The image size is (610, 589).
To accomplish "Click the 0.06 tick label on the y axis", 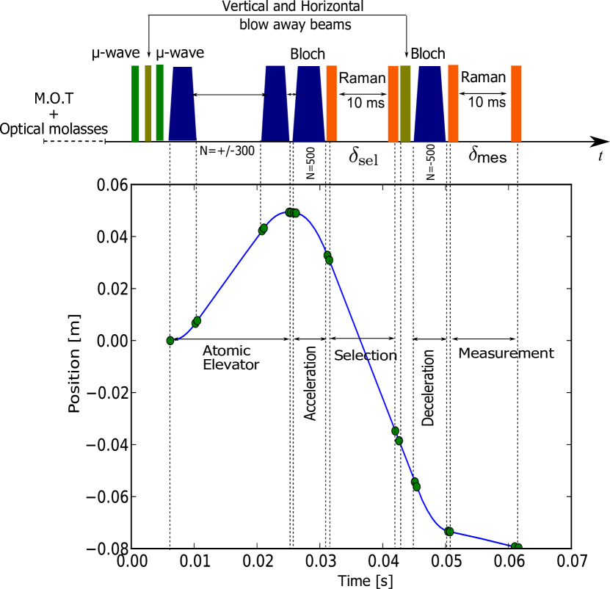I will point(112,185).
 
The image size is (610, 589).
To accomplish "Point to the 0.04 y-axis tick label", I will point(112,237).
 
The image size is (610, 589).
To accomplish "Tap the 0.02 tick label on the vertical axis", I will point(112,289).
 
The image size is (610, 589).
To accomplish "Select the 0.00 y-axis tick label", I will point(112,341).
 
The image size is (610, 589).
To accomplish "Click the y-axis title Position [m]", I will point(75,364).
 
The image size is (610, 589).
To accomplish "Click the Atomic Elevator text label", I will point(230,358).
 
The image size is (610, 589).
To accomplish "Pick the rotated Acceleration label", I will point(311,383).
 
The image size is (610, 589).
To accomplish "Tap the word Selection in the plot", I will point(366,356).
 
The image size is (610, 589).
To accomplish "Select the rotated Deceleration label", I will point(429,388).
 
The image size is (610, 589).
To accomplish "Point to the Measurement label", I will point(506,353).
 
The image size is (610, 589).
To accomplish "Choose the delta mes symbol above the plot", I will point(487,157).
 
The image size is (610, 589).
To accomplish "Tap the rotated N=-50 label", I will point(431,165).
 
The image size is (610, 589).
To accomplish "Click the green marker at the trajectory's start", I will point(170,341).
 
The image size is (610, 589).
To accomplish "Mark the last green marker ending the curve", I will point(517,546).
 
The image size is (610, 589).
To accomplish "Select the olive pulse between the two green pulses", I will point(148,103).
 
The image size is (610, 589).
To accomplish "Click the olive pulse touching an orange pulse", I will point(405,103).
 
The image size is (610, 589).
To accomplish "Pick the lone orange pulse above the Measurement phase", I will point(516,103).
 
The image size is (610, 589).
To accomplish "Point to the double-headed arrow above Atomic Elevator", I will point(230,339).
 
